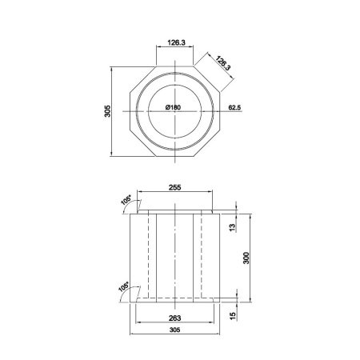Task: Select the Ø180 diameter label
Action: coord(175,107)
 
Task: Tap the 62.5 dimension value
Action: coord(234,106)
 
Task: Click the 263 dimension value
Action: coord(175,316)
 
